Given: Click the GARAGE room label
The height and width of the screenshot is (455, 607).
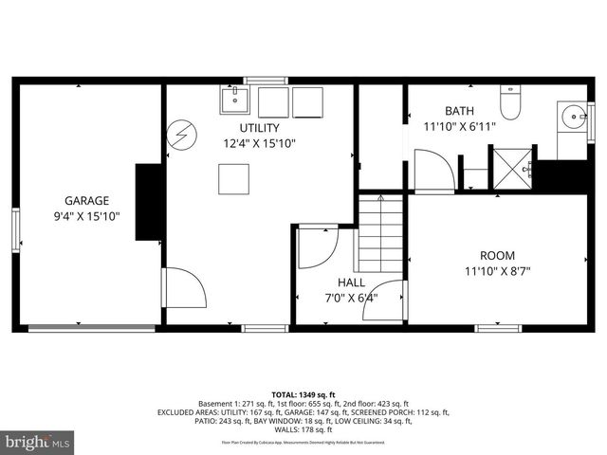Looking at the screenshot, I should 86,201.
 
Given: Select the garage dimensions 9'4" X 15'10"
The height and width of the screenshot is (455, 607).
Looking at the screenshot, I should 86,217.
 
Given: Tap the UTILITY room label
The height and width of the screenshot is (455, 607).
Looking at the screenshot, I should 259,127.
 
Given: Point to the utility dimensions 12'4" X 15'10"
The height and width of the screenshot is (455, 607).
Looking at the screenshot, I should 259,144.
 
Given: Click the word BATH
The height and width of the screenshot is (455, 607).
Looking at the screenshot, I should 459,109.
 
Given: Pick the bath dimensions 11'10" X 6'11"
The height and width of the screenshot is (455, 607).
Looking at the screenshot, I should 459,125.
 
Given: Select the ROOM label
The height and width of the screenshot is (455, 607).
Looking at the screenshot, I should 497,254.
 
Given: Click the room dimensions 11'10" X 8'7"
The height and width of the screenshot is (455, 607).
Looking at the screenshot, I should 497,271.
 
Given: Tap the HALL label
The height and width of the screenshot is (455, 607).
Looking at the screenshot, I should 351,282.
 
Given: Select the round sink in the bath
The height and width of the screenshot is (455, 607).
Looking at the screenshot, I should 574,118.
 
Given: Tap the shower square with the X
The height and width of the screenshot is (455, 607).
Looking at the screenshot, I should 512,169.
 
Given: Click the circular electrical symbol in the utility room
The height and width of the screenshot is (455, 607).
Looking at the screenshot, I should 179,136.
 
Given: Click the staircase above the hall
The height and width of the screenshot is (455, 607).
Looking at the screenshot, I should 380,234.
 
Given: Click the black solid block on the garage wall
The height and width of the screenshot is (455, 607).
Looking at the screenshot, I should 148,201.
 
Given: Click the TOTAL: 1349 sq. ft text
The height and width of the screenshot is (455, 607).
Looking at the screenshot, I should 303,394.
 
